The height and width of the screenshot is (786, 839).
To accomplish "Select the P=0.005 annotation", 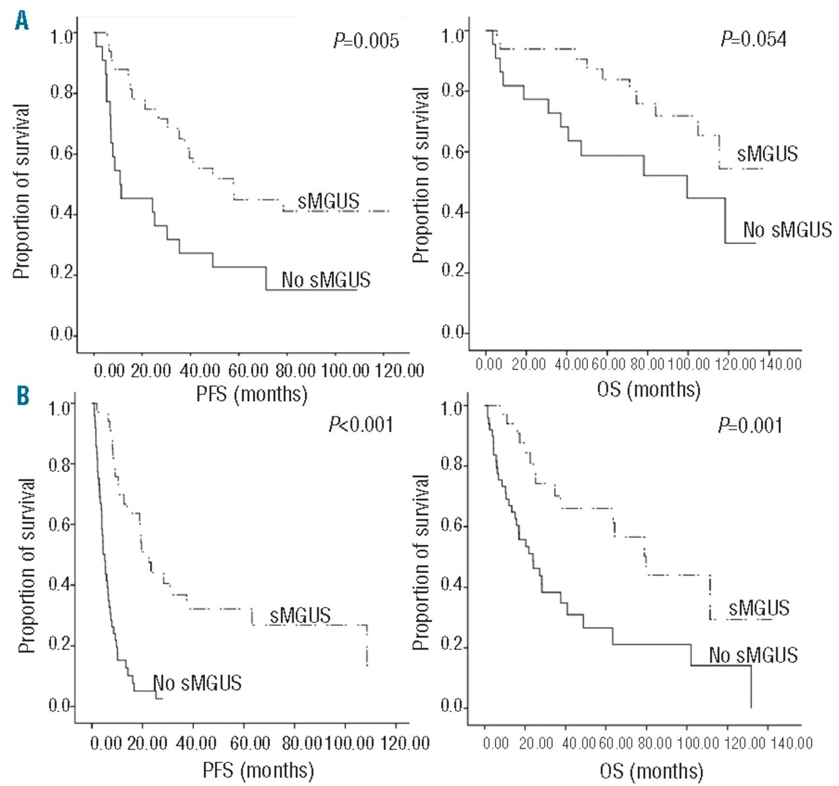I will [x=366, y=41].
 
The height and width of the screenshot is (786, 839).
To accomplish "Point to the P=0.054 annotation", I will [x=754, y=39].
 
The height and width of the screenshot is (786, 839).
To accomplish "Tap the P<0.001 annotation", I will [x=361, y=425].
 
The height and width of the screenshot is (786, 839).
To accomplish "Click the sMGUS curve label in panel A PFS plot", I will [x=328, y=201].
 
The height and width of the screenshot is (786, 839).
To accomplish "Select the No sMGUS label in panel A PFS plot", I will [x=326, y=280].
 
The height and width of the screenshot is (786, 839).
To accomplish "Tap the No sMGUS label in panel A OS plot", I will [x=787, y=229].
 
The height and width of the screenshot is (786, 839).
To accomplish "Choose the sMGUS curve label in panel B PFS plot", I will [x=300, y=616].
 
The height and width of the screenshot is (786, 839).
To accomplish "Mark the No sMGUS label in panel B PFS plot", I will [x=197, y=682].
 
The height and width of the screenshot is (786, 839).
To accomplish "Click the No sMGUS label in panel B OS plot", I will [x=753, y=654].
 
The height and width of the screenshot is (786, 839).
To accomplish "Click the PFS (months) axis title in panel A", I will [x=252, y=394].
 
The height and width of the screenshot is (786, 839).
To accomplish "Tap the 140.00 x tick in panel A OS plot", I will [x=780, y=363].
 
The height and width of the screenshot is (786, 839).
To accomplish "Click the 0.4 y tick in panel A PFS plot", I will [x=63, y=215].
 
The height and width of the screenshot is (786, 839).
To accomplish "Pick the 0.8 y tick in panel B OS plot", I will [x=453, y=466].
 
